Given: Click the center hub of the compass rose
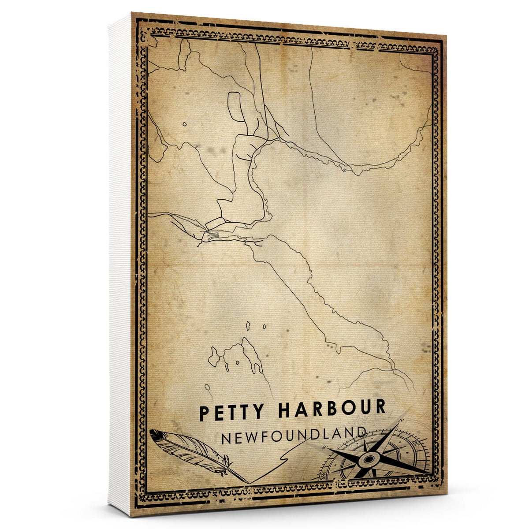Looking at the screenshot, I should [367, 459].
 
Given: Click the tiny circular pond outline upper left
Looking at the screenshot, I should [184, 124].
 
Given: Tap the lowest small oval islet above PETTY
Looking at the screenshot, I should [207, 387].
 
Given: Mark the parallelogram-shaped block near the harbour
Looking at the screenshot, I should [215, 223].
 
